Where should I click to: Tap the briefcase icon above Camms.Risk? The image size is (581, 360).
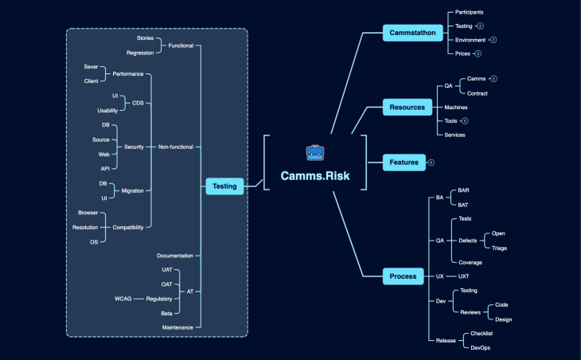tap(314, 152)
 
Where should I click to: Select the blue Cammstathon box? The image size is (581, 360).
tap(412, 33)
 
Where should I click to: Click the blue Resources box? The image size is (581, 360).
tap(407, 108)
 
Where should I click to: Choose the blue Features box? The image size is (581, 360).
tap(404, 162)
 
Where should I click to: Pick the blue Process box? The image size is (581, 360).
tap(404, 276)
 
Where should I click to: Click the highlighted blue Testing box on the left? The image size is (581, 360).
tap(224, 186)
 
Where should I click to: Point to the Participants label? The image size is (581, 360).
tap(469, 13)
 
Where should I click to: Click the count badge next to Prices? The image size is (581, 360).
tap(478, 53)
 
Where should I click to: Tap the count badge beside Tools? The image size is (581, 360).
tap(465, 121)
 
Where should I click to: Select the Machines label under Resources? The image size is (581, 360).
tap(456, 107)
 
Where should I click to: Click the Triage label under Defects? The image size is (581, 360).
tap(500, 248)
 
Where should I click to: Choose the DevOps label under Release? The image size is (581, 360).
tap(481, 347)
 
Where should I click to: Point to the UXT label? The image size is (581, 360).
tap(464, 276)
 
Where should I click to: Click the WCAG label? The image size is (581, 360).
tap(123, 299)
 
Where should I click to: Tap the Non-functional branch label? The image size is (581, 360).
tap(176, 147)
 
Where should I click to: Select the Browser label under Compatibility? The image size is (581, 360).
tap(88, 213)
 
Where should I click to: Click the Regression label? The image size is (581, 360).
tap(140, 53)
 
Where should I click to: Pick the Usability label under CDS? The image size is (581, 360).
tap(107, 110)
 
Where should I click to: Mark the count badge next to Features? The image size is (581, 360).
tap(431, 162)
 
